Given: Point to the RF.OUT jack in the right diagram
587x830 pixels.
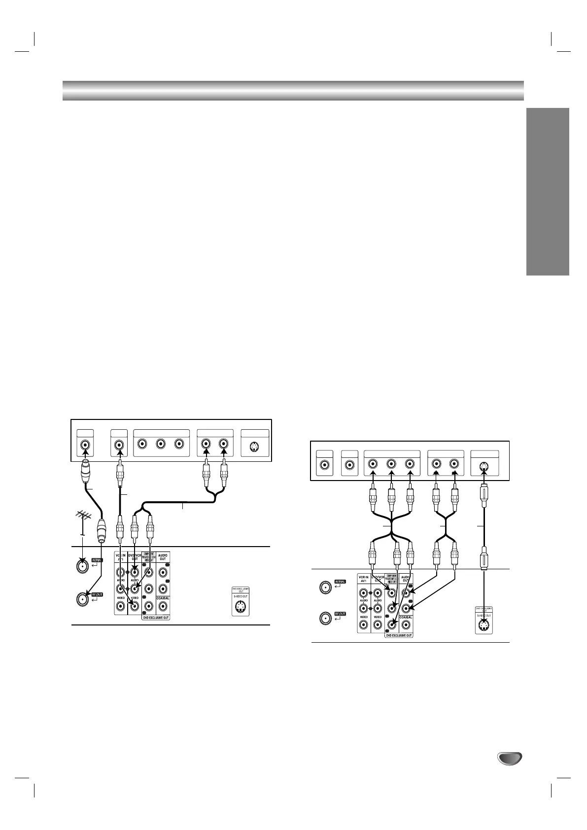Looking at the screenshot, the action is [325, 618].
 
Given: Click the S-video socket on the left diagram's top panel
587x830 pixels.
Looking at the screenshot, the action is [254, 448].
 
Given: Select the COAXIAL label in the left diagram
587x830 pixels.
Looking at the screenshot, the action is [163, 598].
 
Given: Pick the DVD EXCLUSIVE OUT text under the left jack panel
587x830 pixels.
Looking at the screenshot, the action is [156, 617].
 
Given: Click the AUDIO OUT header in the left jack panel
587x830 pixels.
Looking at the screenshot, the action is [163, 556].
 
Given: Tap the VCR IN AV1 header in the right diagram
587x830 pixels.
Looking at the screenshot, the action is [364, 579].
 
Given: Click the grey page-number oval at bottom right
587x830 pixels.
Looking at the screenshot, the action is [509, 759].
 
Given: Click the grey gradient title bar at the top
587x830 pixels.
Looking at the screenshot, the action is [293, 90].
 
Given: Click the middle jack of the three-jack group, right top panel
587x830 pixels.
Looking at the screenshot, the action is [391, 464].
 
